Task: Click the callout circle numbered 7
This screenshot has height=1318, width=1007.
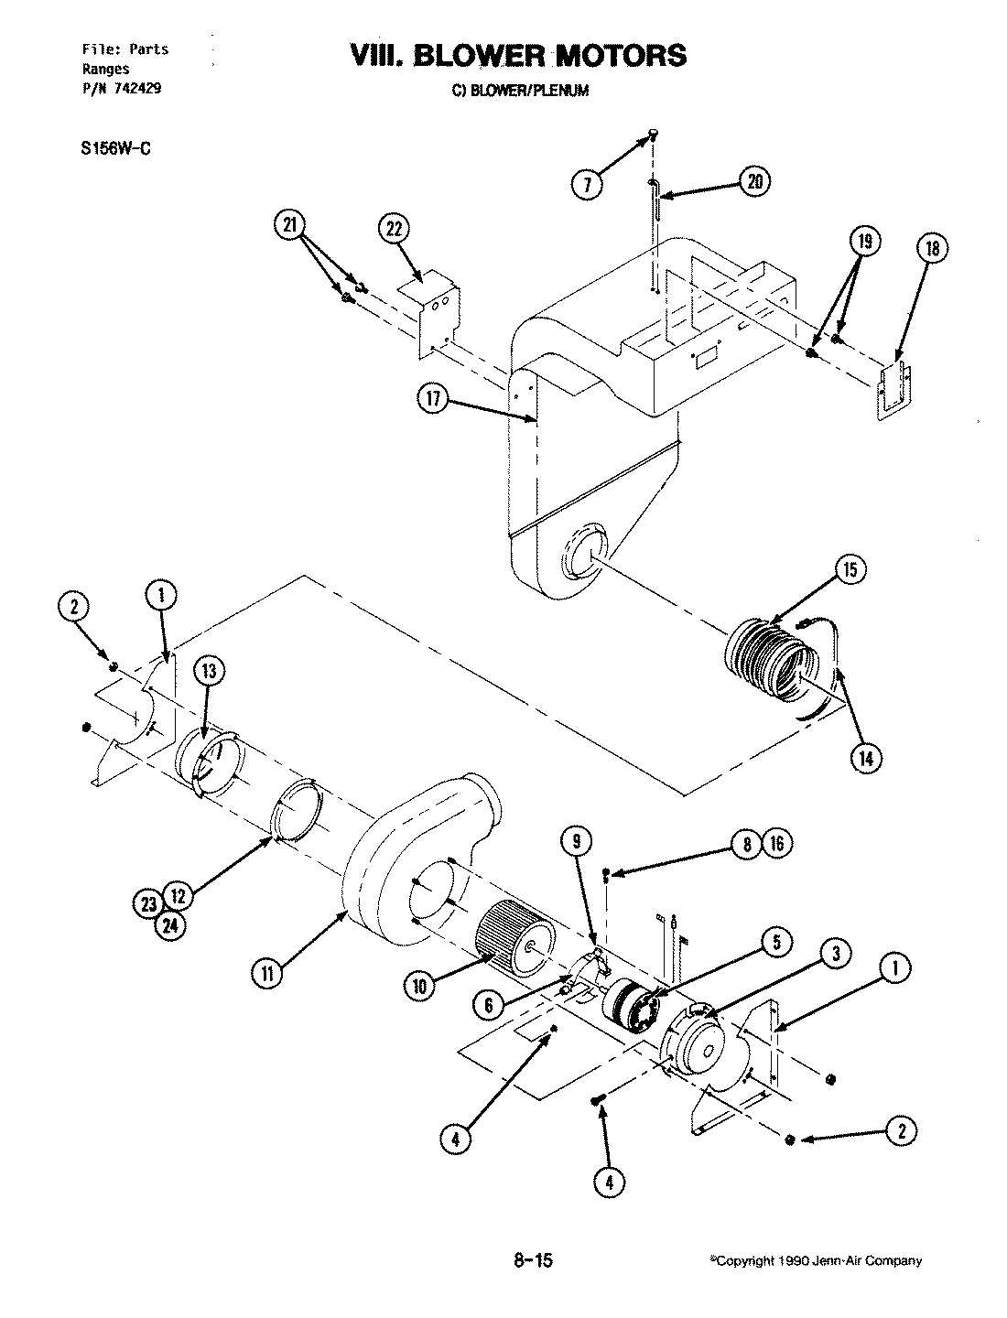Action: (587, 184)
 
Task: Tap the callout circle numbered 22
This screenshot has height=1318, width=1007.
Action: (395, 230)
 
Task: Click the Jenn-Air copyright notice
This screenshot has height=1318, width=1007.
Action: (816, 1261)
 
